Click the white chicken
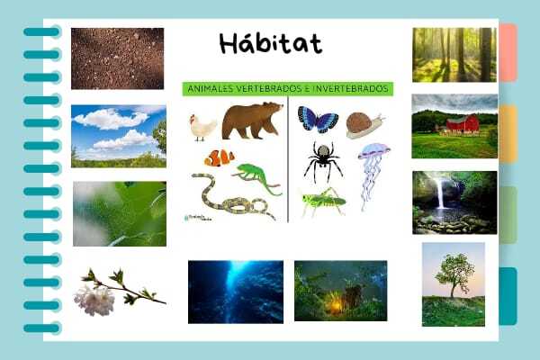point(202,128)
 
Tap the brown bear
point(252,121)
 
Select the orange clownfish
point(220,157)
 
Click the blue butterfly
point(318,119)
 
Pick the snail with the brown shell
point(364,125)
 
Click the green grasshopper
point(323,202)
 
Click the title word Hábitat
point(271,44)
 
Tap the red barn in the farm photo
point(463,124)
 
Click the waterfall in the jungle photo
point(441,193)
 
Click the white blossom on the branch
point(94,301)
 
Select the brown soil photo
point(117,58)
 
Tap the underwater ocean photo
point(236,292)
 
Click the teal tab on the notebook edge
point(508,296)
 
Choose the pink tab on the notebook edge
point(508,53)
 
